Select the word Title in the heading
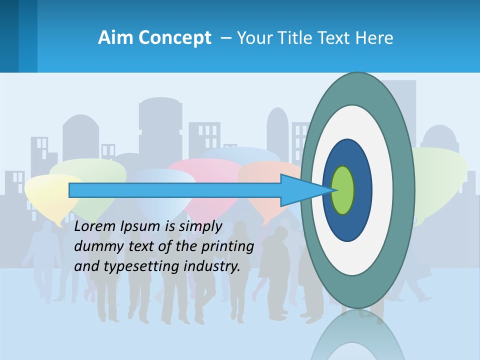[298, 38]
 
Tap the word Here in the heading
[374, 38]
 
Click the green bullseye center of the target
[342, 190]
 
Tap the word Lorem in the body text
[94, 226]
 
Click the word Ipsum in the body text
[138, 226]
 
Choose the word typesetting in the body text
[141, 266]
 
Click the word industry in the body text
[212, 266]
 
